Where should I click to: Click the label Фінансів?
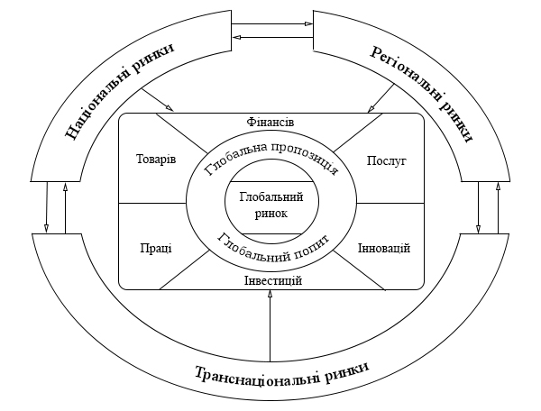tap(270, 122)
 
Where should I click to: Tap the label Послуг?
tap(387, 160)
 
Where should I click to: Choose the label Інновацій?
tap(384, 248)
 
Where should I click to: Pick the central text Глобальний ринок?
tap(270, 205)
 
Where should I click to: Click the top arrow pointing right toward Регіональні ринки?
tap(270, 25)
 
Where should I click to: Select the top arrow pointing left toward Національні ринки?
tap(270, 37)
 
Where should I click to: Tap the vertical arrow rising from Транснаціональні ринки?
tap(270, 324)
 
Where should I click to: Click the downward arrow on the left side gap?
tap(46, 207)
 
